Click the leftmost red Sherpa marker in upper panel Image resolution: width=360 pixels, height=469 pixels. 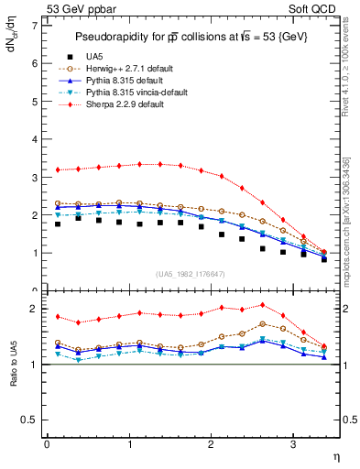click(x=58, y=169)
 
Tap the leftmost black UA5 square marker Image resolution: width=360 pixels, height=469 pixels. click(x=58, y=224)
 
